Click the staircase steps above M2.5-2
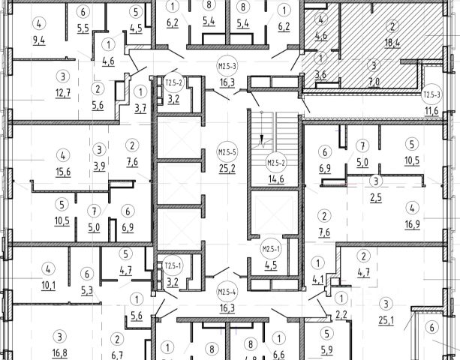click(x=275, y=127)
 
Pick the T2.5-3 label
click(x=431, y=95)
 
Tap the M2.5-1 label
click(x=270, y=247)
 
